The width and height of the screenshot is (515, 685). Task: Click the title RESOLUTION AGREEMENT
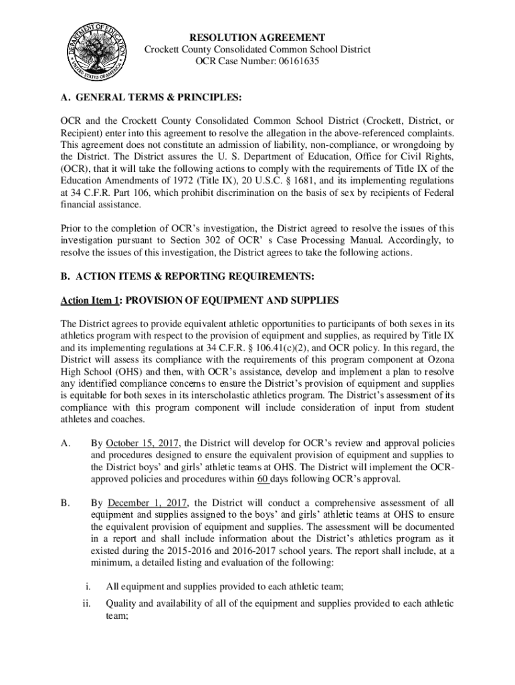[x=257, y=37]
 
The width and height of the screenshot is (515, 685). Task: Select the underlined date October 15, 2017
[x=141, y=444]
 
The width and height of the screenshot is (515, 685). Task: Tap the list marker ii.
[x=86, y=603]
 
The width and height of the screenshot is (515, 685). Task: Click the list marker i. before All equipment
[x=88, y=587]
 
